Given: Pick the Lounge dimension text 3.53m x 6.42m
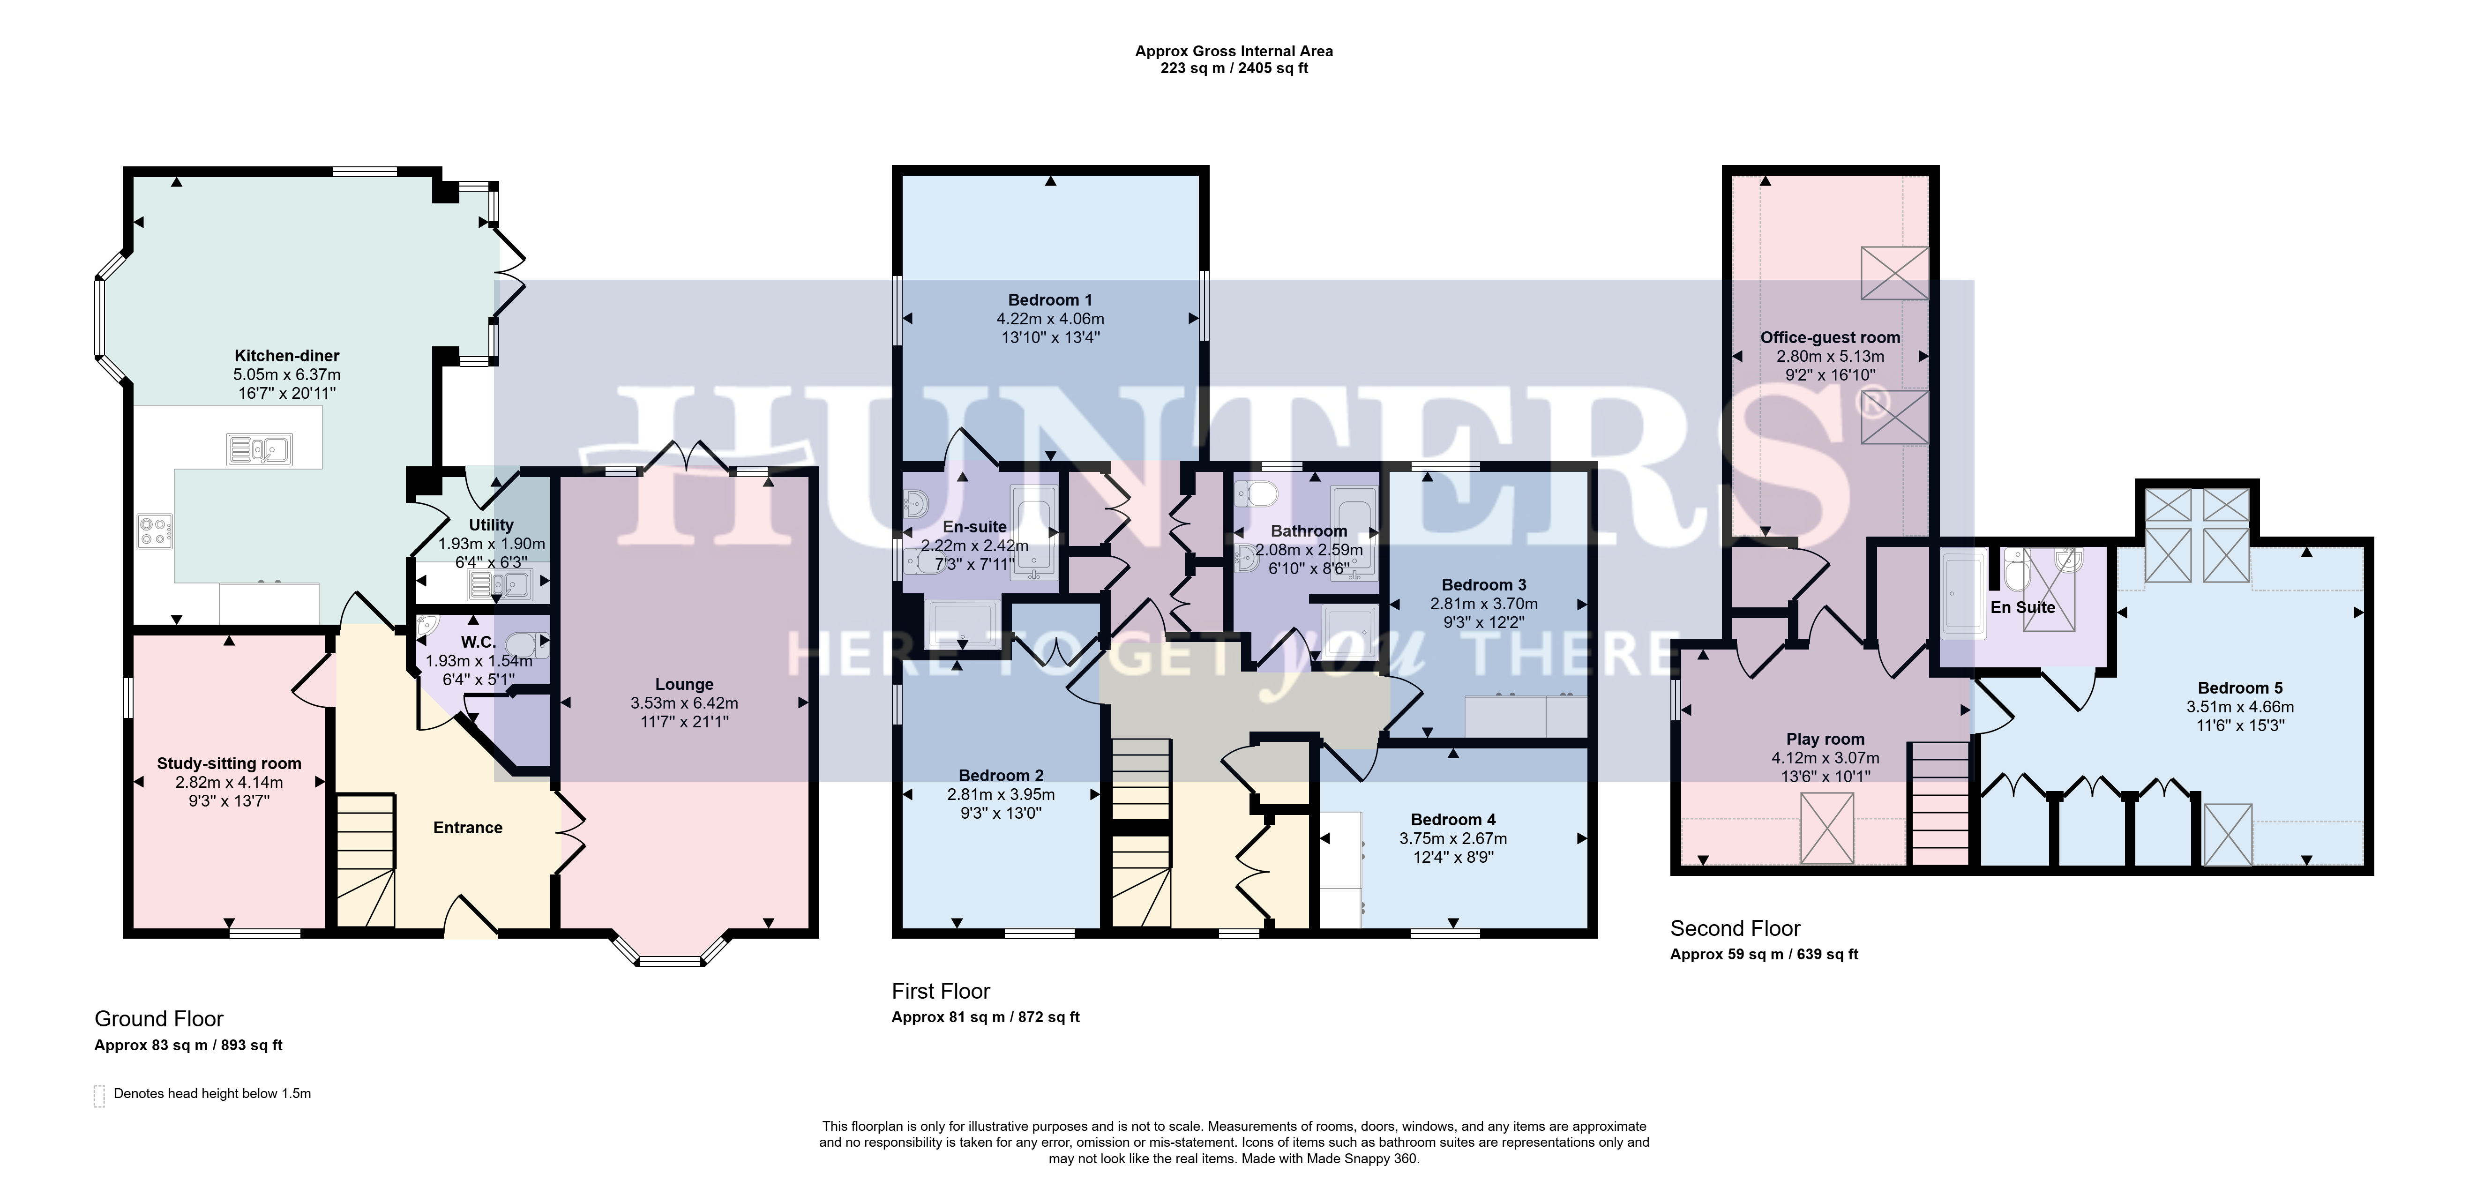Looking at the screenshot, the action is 684,703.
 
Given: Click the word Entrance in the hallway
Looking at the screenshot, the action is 468,828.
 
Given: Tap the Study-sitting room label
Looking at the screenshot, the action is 229,763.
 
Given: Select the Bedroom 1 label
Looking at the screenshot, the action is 1050,300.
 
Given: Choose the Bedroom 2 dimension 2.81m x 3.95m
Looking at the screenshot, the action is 1001,794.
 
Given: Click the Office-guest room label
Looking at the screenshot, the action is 1830,337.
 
